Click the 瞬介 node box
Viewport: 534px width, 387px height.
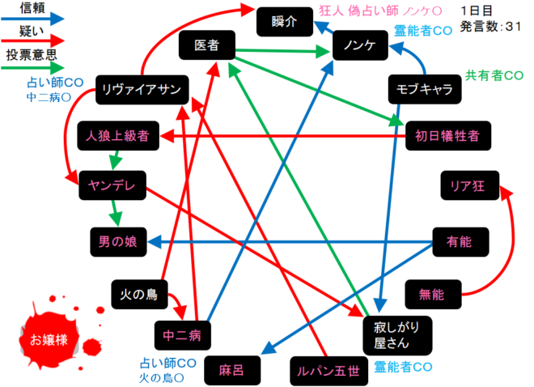pos(285,22)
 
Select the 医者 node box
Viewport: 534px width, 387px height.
pos(207,45)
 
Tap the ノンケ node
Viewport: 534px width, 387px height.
pos(360,45)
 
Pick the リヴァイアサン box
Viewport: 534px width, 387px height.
pos(142,90)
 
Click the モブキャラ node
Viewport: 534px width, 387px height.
pos(425,89)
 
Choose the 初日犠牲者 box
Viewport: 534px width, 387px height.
pos(448,135)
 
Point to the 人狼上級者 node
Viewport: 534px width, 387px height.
pos(118,135)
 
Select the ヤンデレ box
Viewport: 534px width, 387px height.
pos(112,185)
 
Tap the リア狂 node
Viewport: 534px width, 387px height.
pos(470,185)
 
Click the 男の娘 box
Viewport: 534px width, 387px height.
pos(118,242)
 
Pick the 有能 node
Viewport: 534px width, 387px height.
pos(461,242)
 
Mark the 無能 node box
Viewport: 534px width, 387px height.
pos(433,295)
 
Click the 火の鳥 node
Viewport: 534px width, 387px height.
pos(140,295)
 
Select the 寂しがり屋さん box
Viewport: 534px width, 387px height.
pos(398,335)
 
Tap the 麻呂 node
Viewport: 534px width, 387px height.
pos(232,370)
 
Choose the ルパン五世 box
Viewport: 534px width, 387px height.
pos(329,371)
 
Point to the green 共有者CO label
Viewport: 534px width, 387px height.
pos(494,75)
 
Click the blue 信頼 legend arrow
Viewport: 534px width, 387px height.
pos(32,19)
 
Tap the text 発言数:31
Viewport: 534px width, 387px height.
pos(491,26)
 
